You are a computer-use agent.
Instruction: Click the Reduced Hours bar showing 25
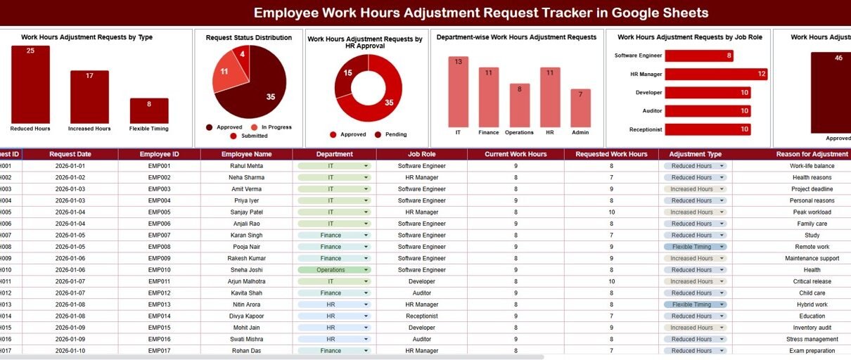pos(30,84)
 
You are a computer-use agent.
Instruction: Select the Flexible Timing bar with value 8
pos(149,111)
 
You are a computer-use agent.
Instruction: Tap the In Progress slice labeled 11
pos(225,76)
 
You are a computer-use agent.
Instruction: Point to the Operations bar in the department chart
pos(520,105)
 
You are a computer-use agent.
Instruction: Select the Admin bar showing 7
pos(580,108)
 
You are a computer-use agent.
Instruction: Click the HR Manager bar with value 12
pos(715,74)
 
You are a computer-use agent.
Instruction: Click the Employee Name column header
pos(246,154)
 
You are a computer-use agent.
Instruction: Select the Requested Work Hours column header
pos(611,154)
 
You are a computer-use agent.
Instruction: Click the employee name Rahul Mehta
pos(246,166)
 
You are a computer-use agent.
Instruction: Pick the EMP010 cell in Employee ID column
pos(159,270)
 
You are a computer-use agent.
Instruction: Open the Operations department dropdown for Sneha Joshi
pos(366,270)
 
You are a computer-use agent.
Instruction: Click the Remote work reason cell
pos(812,247)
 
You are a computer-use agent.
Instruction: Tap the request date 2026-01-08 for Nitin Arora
pos(70,304)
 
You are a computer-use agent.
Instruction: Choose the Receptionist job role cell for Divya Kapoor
pos(421,316)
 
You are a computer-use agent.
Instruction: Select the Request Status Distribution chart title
pos(248,38)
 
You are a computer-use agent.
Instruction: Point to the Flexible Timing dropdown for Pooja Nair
pos(722,247)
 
